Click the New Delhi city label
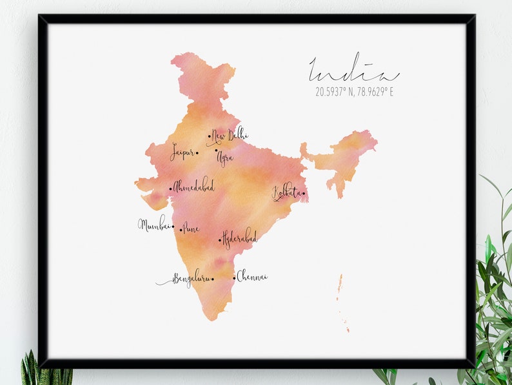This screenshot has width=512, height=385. (x=230, y=136)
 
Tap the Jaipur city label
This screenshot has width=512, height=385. (x=182, y=152)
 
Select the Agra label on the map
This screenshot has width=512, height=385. (x=225, y=157)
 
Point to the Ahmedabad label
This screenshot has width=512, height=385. (x=194, y=187)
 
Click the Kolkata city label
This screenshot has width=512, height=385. (x=286, y=192)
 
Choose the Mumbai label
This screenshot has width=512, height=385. (x=154, y=225)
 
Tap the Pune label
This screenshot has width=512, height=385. (x=192, y=228)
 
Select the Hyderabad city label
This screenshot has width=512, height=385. (x=240, y=238)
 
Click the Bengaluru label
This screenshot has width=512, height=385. (x=191, y=279)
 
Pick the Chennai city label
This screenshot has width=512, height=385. (x=252, y=277)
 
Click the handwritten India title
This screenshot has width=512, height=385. (x=353, y=70)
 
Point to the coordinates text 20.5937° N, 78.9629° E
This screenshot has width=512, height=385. (x=354, y=92)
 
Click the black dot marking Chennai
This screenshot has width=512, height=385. (x=234, y=278)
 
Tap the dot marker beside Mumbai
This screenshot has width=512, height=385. (x=173, y=226)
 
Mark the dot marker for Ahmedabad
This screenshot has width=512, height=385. (x=171, y=189)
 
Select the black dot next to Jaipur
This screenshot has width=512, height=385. (x=197, y=153)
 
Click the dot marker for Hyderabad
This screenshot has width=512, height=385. (x=220, y=240)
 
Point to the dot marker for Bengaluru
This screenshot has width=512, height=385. (x=213, y=280)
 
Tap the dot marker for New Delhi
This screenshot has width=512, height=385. (x=209, y=136)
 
